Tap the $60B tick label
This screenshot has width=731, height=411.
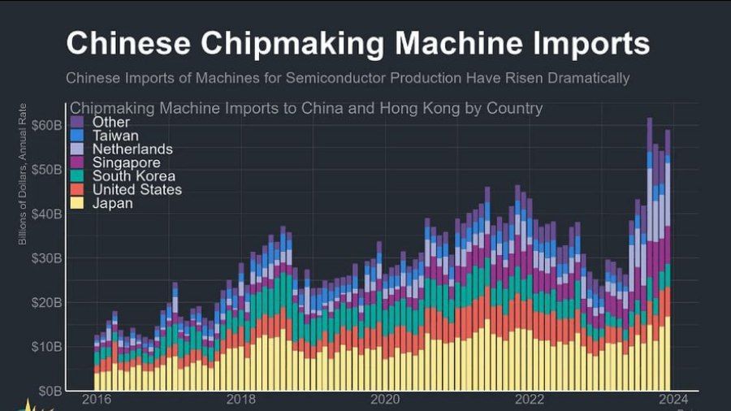[x=46, y=125]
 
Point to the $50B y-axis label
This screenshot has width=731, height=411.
[x=46, y=169]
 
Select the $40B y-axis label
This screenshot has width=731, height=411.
[x=46, y=214]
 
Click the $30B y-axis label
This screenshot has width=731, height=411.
[x=46, y=258]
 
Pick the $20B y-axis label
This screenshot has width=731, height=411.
[x=46, y=302]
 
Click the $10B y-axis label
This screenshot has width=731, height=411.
[x=46, y=347]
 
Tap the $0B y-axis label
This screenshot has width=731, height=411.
[x=49, y=391]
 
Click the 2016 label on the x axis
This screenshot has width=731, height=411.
[x=97, y=400]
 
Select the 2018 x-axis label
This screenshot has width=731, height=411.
[x=241, y=400]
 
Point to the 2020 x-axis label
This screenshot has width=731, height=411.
[x=385, y=400]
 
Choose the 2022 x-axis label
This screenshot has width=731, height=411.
[x=530, y=400]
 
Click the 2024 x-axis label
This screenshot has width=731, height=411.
[x=673, y=400]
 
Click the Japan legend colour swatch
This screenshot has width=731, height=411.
[x=77, y=204]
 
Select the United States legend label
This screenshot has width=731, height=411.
[x=137, y=190]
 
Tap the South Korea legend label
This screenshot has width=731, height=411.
[x=133, y=176]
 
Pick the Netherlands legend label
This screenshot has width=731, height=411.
[x=132, y=149]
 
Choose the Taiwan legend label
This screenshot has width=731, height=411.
[x=115, y=136]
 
